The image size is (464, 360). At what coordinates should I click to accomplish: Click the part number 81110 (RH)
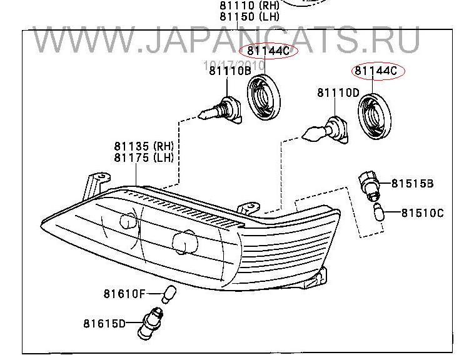pos(250,5)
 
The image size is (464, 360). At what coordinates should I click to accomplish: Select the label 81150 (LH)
pos(250,16)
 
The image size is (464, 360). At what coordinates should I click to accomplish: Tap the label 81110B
pos(230,71)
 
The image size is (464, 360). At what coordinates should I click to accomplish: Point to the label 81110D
pos(338,93)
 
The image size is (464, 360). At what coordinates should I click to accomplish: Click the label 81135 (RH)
pos(144,146)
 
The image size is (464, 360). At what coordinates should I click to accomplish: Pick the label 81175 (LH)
pos(144,157)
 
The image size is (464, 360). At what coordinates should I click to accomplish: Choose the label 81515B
pos(412,184)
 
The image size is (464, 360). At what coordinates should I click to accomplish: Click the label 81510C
pos(423,213)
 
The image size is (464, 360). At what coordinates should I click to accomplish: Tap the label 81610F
pos(124,294)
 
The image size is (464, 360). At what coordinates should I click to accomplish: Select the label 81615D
pos(104,324)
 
